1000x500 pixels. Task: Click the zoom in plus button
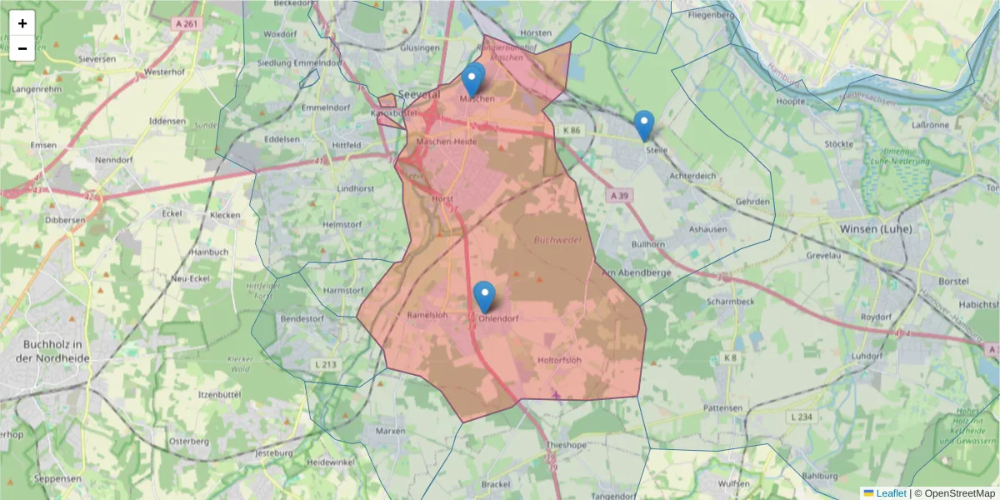[22, 23]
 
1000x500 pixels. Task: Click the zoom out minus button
[22, 48]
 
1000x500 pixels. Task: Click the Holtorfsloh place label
[559, 361]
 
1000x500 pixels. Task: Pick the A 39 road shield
[617, 195]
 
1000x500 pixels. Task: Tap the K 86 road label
[571, 131]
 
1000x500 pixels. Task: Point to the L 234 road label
[800, 417]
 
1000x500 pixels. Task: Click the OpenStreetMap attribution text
[959, 492]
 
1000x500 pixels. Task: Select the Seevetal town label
[418, 94]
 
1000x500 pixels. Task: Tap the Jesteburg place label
[275, 453]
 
